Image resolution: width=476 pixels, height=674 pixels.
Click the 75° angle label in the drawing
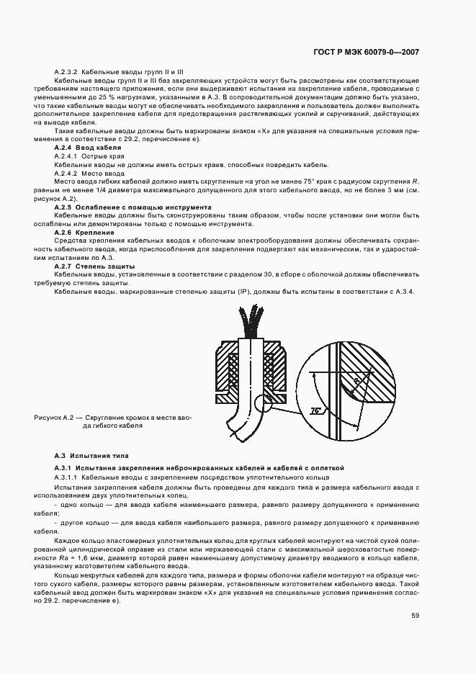click(315, 410)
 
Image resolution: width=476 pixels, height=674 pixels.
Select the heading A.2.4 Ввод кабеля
click(87, 148)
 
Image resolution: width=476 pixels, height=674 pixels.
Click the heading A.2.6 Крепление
click(84, 233)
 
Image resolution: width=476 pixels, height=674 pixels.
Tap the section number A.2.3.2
click(66, 72)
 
